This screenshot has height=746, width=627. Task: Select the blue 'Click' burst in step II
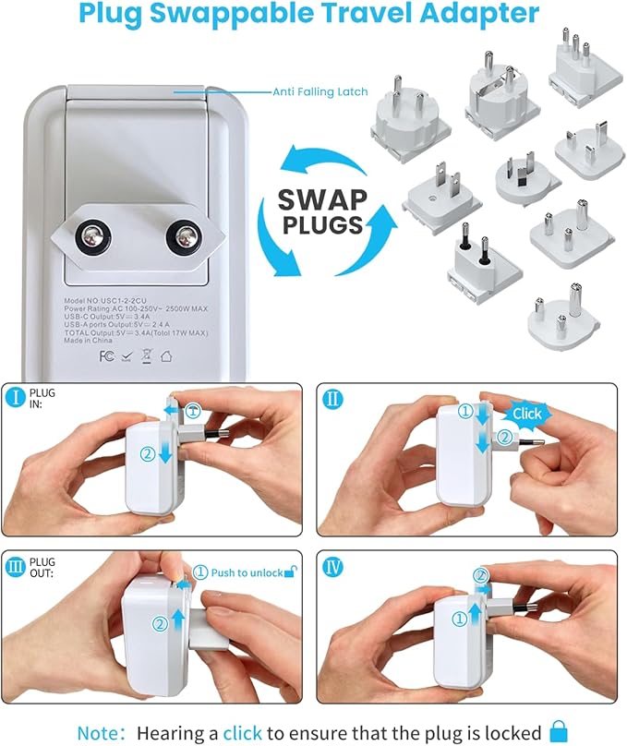pyautogui.click(x=526, y=415)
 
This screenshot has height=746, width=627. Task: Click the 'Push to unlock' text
pyautogui.click(x=246, y=572)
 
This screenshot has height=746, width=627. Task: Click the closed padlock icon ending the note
pyautogui.click(x=558, y=731)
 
